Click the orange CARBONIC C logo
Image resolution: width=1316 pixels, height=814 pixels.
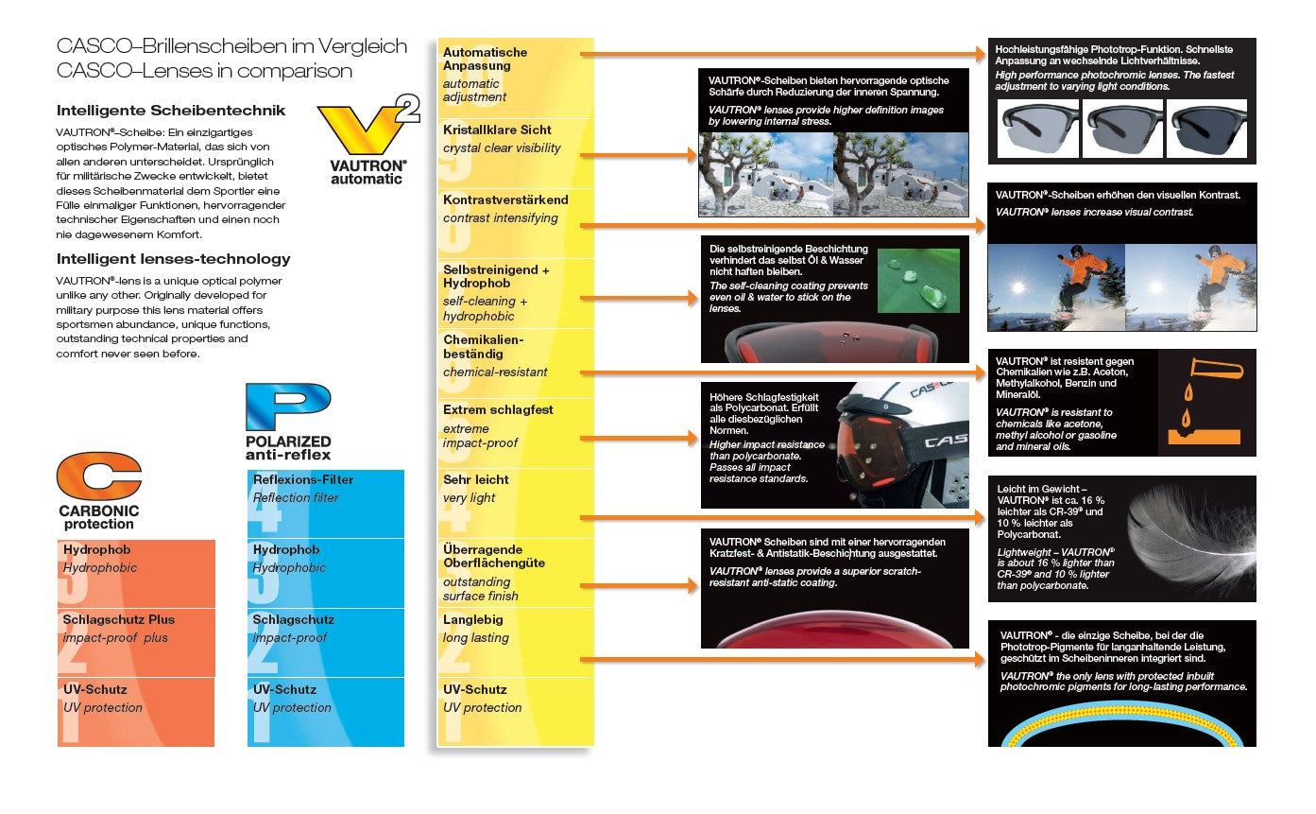[x=98, y=477]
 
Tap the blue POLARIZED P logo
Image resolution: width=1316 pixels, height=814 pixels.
[x=287, y=407]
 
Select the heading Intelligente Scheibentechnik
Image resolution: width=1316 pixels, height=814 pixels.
[x=171, y=111]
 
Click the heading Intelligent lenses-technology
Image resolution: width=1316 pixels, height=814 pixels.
[x=174, y=259]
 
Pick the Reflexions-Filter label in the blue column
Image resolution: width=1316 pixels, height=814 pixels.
[x=303, y=479]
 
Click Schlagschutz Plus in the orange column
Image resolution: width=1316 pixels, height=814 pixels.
[x=119, y=619]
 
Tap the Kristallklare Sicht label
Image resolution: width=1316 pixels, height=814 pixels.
[x=497, y=130]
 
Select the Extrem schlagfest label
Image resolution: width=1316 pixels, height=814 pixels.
[x=498, y=409]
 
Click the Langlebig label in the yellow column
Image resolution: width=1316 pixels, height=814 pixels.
[x=473, y=619]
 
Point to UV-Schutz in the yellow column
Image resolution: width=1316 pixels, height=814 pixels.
[x=475, y=689]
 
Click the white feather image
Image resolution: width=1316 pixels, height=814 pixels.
[x=1191, y=539]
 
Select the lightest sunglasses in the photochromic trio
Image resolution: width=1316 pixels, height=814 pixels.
[x=1038, y=130]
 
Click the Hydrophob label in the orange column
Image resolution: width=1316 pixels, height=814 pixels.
[x=96, y=549]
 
